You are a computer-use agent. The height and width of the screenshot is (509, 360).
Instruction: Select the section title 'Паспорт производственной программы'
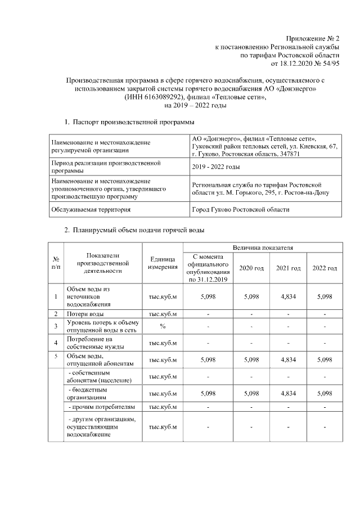(133, 122)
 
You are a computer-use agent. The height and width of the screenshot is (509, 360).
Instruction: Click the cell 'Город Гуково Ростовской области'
(241, 209)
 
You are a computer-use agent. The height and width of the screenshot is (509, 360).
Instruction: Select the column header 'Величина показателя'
(263, 247)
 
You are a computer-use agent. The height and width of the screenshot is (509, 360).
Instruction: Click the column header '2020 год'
(251, 268)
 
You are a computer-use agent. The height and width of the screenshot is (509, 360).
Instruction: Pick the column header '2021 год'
(288, 268)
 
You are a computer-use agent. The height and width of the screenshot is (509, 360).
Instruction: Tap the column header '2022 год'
(325, 268)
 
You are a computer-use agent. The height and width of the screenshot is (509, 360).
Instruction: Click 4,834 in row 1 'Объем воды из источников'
(287, 296)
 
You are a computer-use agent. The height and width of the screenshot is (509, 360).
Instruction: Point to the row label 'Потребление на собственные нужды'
(90, 343)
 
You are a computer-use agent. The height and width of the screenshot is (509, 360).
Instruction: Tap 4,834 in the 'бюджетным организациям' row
(287, 393)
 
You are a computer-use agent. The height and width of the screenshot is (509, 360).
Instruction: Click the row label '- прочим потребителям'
(101, 407)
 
